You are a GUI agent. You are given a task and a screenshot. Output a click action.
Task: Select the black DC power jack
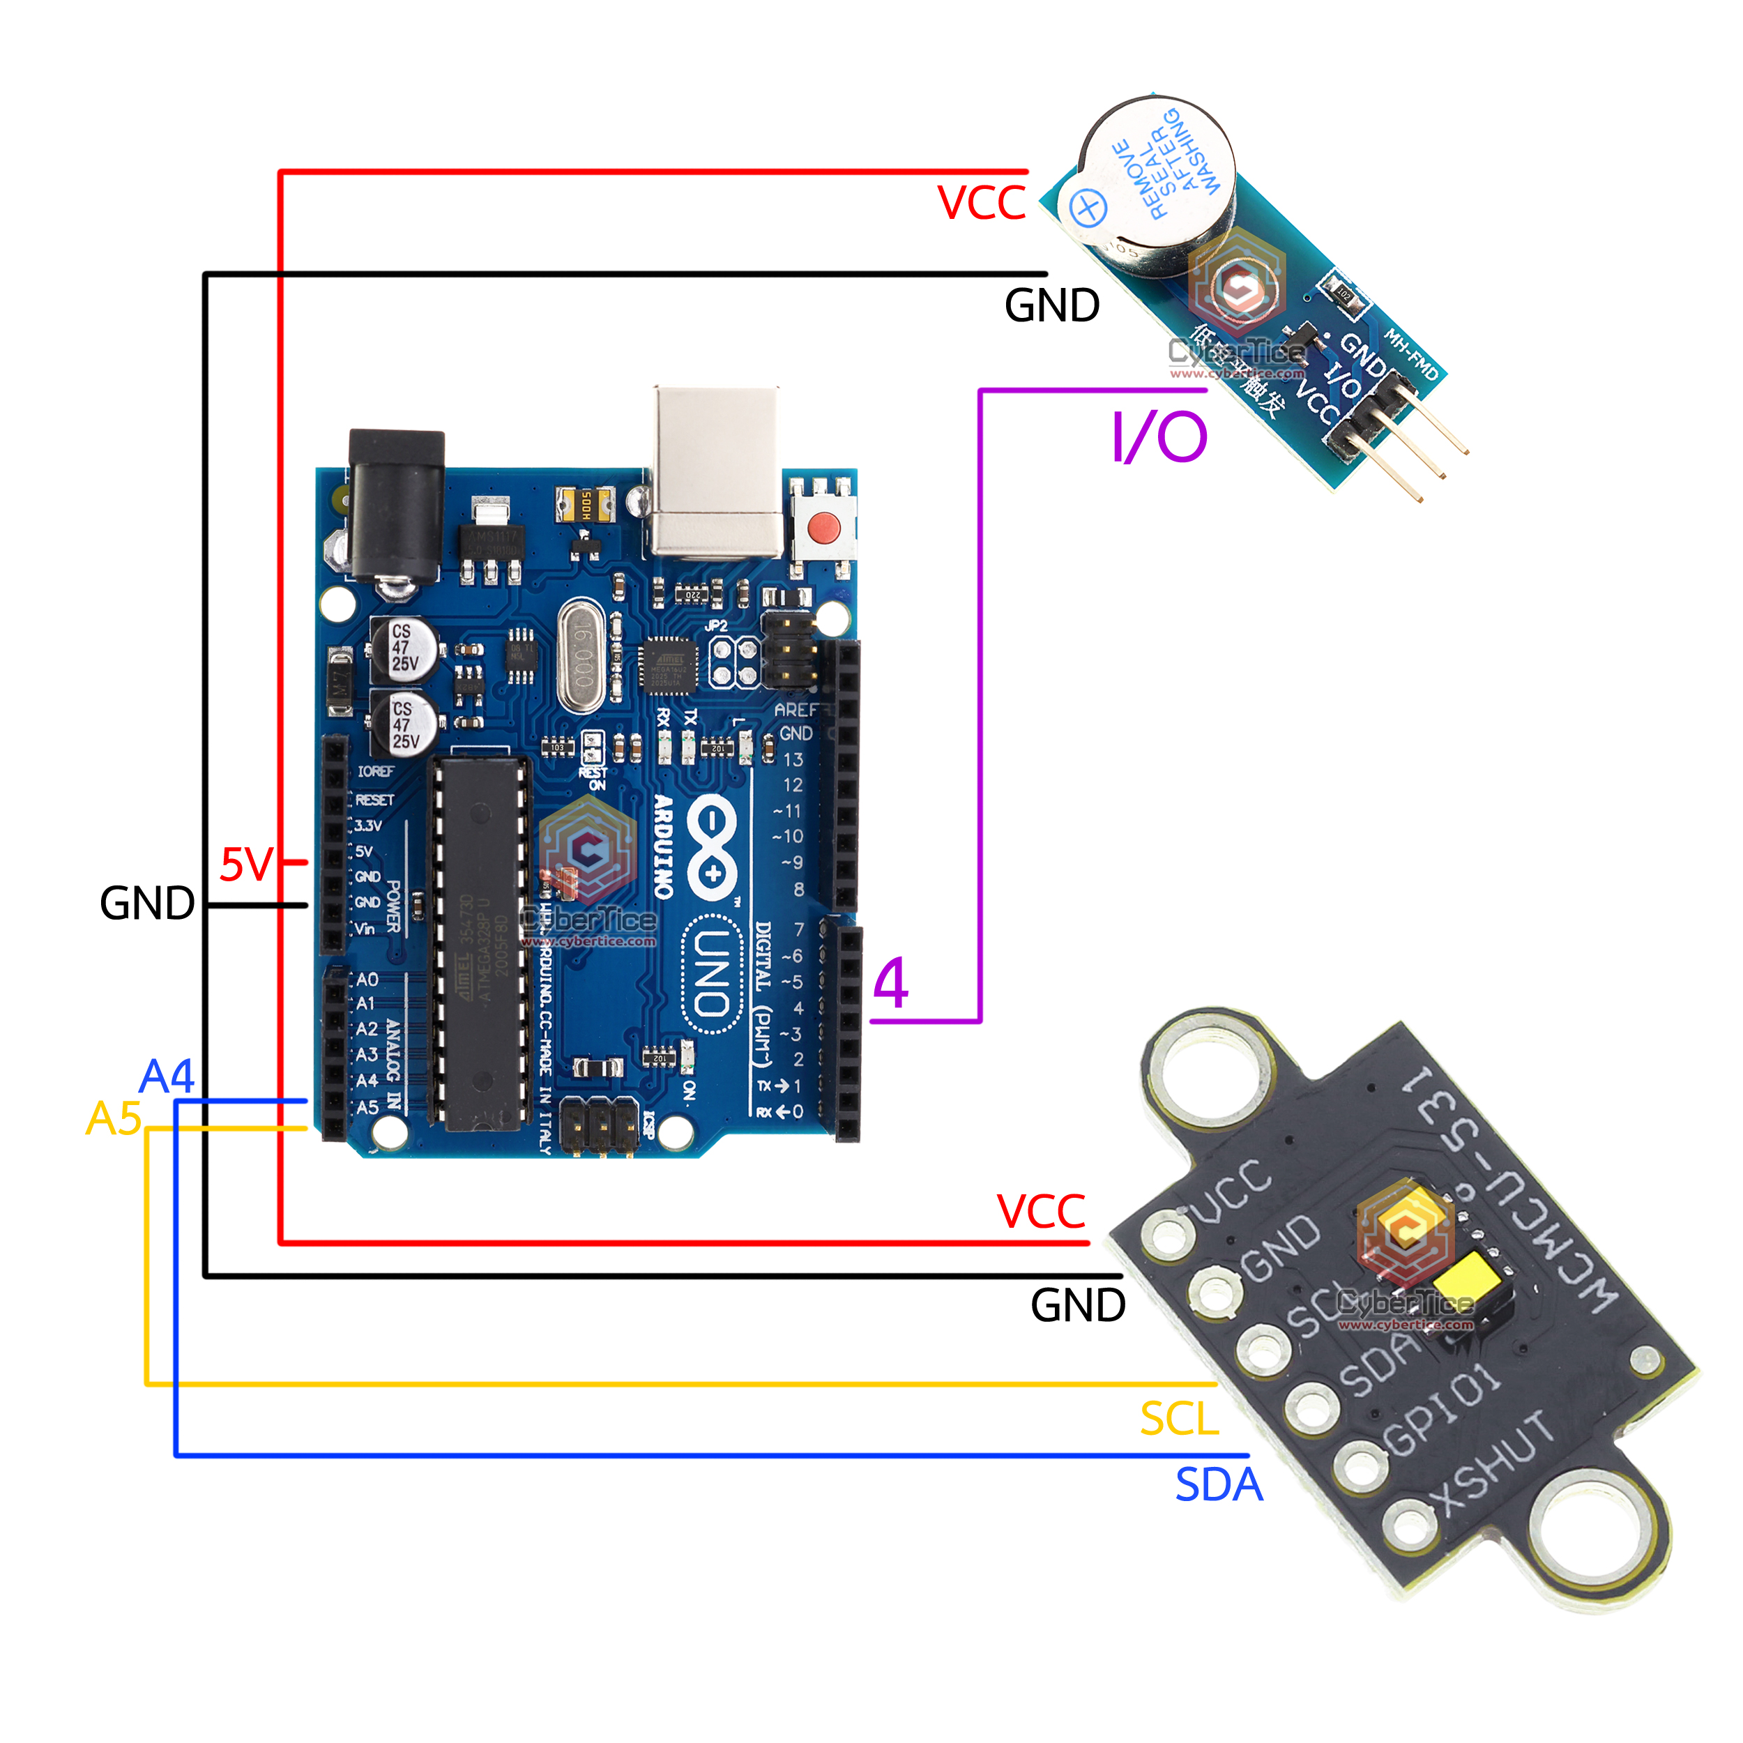tap(397, 505)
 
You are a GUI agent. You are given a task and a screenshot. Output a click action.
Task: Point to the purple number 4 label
tap(890, 982)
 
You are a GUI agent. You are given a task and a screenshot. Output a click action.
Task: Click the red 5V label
tap(245, 865)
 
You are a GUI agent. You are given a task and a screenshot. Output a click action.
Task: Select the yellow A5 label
tap(114, 1119)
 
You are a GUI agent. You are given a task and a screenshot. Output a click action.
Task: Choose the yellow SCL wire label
tap(1179, 1418)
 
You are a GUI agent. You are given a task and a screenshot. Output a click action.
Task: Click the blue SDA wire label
tap(1218, 1485)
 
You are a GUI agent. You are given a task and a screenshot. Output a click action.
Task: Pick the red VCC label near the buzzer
tap(982, 203)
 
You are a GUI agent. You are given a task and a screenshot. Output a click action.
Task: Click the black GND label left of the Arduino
tap(147, 903)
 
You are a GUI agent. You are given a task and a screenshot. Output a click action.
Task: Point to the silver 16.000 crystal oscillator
tap(581, 656)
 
